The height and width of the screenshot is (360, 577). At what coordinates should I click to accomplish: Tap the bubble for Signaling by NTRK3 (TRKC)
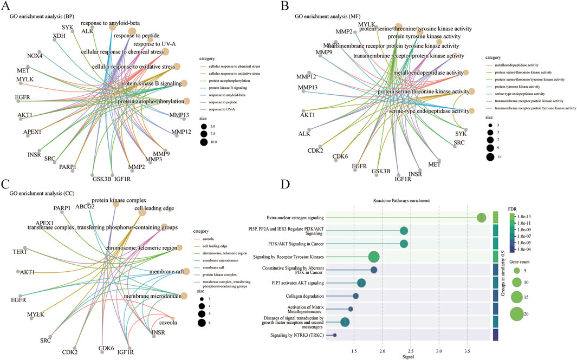pos(335,336)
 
